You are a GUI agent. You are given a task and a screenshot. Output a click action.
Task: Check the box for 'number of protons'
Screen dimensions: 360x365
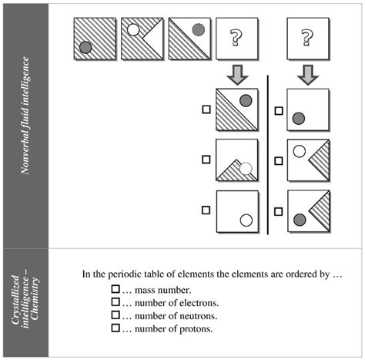pos(116,328)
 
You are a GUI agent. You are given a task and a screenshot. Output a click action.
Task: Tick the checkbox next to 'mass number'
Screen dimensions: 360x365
pos(116,289)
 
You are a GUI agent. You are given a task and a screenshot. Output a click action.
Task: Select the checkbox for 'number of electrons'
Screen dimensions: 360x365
pos(116,302)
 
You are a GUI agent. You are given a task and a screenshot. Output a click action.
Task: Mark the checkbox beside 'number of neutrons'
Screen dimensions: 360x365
pos(116,315)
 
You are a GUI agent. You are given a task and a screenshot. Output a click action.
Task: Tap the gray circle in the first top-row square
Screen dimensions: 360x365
pos(86,47)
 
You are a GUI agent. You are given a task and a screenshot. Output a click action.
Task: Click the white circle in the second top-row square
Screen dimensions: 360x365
pos(132,30)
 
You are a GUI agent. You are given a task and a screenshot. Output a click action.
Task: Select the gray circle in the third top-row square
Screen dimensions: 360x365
pos(198,30)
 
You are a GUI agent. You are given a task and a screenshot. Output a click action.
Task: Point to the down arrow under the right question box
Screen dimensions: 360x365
pos(306,76)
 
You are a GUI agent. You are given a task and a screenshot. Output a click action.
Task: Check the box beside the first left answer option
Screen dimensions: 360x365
pos(206,109)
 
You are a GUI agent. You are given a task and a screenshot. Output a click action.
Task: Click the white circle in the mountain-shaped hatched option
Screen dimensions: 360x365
pos(246,169)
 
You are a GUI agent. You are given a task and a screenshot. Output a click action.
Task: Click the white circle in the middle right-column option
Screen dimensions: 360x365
pos(299,151)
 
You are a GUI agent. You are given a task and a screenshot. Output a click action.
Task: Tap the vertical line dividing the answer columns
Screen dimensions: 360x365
pos(267,154)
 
